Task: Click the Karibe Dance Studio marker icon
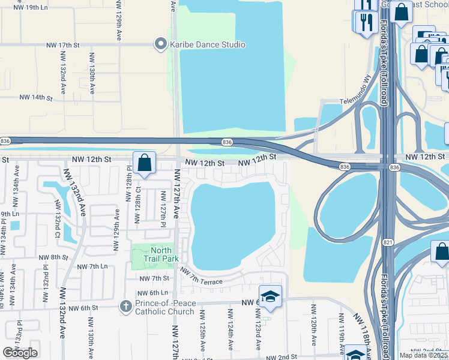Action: (x=160, y=44)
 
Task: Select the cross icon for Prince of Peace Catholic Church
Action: (x=126, y=307)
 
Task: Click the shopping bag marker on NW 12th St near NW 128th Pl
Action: (x=145, y=162)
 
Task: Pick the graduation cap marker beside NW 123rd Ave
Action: (x=270, y=296)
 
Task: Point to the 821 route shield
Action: (x=388, y=242)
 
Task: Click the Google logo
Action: (x=20, y=353)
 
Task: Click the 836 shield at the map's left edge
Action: (x=4, y=141)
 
